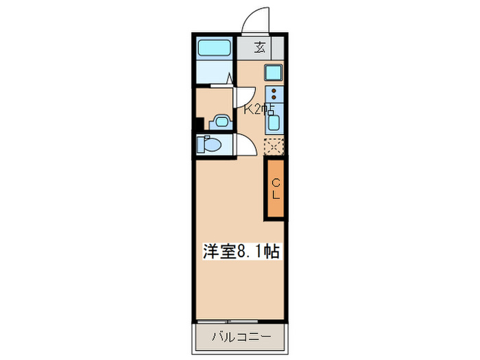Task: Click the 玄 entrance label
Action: click(261, 47)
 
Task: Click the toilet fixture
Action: click(208, 145)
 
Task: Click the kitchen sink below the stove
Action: click(274, 122)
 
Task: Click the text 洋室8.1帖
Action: click(240, 251)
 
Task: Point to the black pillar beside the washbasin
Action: click(199, 125)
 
